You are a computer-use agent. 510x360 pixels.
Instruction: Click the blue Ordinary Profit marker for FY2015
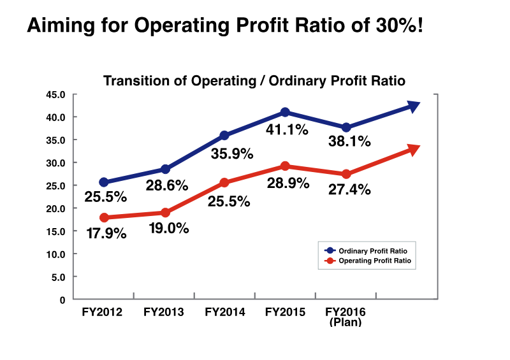pyautogui.click(x=285, y=112)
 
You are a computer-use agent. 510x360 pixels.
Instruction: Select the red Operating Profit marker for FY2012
pyautogui.click(x=104, y=218)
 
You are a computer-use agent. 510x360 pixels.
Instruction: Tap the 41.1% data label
pyautogui.click(x=287, y=129)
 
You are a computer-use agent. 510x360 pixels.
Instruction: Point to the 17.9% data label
pyautogui.click(x=106, y=234)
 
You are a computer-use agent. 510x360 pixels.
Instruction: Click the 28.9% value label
pyautogui.click(x=288, y=184)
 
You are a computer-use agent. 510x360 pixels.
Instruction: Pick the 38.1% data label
pyautogui.click(x=348, y=142)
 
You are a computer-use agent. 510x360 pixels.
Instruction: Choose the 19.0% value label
pyautogui.click(x=168, y=228)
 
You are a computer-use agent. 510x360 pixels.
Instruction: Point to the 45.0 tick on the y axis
pyautogui.click(x=56, y=95)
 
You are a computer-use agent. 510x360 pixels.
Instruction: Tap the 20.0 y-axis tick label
pyautogui.click(x=56, y=208)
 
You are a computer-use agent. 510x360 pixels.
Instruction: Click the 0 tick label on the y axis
pyautogui.click(x=62, y=299)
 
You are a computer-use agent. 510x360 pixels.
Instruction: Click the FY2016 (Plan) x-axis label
pyautogui.click(x=346, y=317)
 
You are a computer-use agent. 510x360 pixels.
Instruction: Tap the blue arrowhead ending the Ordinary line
pyautogui.click(x=413, y=106)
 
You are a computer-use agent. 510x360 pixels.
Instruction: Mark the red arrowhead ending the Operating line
pyautogui.click(x=413, y=150)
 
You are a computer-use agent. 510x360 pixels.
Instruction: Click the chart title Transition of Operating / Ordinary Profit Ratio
pyautogui.click(x=254, y=81)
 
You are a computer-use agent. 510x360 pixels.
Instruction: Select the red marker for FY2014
pyautogui.click(x=224, y=183)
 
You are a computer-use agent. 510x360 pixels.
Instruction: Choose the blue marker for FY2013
pyautogui.click(x=165, y=169)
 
